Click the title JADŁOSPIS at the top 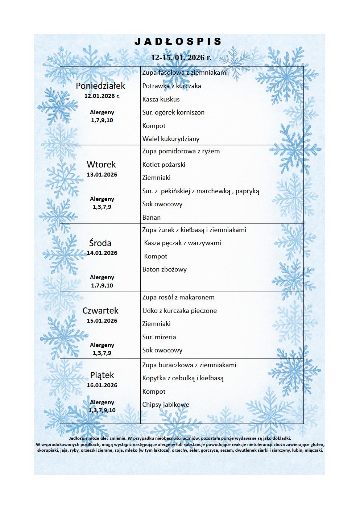click(x=178, y=42)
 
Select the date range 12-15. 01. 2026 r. click(x=181, y=57)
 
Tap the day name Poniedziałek click(x=100, y=86)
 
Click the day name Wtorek click(x=101, y=165)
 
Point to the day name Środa click(x=100, y=243)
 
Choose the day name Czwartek click(x=100, y=311)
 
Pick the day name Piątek click(x=102, y=375)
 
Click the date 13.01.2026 click(x=102, y=175)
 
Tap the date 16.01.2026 click(x=102, y=385)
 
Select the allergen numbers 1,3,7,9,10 click(x=102, y=410)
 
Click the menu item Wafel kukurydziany click(x=171, y=139)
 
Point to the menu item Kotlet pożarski click(x=164, y=165)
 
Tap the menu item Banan click(x=151, y=218)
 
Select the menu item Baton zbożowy click(x=164, y=269)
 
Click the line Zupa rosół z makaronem click(x=178, y=297)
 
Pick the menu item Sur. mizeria click(x=159, y=337)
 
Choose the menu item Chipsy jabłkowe click(x=165, y=405)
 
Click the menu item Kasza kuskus click(x=161, y=99)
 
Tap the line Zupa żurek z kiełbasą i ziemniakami click(x=194, y=230)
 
